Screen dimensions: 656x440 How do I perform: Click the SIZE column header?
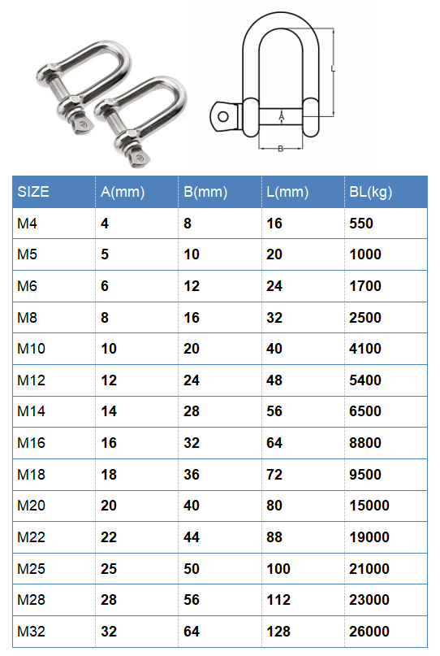tap(33, 192)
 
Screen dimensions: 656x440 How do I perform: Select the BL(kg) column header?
tap(370, 192)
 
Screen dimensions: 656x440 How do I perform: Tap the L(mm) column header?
tap(287, 192)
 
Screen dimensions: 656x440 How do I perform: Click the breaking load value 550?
tap(360, 224)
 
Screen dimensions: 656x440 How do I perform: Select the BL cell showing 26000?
tap(369, 632)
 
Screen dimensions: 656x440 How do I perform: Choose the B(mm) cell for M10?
tap(192, 349)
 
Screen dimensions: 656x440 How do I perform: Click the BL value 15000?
tap(369, 506)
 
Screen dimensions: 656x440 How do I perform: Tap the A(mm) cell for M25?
tap(109, 568)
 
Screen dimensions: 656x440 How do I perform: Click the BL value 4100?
tap(365, 349)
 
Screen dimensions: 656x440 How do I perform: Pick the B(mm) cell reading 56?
tap(192, 600)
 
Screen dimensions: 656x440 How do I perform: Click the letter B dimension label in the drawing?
tap(280, 148)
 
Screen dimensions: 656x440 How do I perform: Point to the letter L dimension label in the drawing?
tap(334, 70)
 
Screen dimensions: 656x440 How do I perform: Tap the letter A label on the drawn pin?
tap(281, 119)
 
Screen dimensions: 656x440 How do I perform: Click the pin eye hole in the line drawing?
tap(223, 115)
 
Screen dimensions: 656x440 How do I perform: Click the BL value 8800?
tap(365, 443)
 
